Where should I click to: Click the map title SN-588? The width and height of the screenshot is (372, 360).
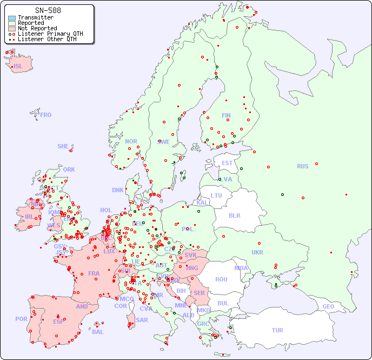pyautogui.click(x=48, y=10)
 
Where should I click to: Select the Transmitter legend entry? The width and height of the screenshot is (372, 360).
pyautogui.click(x=35, y=17)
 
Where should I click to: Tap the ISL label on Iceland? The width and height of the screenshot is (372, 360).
pyautogui.click(x=18, y=67)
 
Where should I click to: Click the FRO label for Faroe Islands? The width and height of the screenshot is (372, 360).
pyautogui.click(x=46, y=115)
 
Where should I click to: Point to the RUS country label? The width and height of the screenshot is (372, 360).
pyautogui.click(x=302, y=166)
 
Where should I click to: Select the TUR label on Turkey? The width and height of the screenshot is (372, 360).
pyautogui.click(x=277, y=330)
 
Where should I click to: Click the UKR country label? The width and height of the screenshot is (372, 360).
pyautogui.click(x=257, y=252)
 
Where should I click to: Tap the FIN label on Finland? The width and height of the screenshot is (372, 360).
pyautogui.click(x=226, y=115)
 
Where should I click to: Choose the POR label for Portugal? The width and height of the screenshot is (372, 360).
pyautogui.click(x=21, y=319)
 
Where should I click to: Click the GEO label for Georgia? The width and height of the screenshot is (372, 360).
pyautogui.click(x=328, y=306)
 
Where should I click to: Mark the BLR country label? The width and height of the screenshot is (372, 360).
pyautogui.click(x=234, y=215)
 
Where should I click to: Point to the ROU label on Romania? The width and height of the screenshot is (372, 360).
pyautogui.click(x=221, y=279)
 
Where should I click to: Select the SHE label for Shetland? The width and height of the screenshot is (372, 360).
pyautogui.click(x=63, y=146)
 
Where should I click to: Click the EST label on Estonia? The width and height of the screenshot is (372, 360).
pyautogui.click(x=227, y=163)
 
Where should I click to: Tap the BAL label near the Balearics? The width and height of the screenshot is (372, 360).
pyautogui.click(x=97, y=332)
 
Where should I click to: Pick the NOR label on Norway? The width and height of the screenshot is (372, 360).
pyautogui.click(x=131, y=141)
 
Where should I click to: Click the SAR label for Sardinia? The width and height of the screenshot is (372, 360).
pyautogui.click(x=142, y=320)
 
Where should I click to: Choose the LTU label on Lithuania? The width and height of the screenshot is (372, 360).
pyautogui.click(x=216, y=195)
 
